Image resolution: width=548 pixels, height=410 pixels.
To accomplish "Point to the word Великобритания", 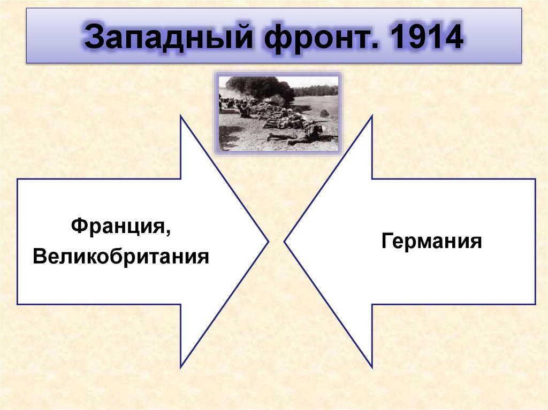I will click(120, 257).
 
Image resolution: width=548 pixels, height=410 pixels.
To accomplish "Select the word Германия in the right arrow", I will click(432, 241).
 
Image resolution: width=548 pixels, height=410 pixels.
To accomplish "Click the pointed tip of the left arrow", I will click(267, 242).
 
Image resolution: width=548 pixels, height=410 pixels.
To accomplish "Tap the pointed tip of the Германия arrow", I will click(285, 242).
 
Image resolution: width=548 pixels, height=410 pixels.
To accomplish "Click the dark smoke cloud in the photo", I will click(260, 87).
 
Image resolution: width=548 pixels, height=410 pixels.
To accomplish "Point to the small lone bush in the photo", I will click(324, 113).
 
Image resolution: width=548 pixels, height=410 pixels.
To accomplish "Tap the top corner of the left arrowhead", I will click(181, 117).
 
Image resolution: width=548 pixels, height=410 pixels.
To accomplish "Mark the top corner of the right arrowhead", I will click(371, 117).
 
